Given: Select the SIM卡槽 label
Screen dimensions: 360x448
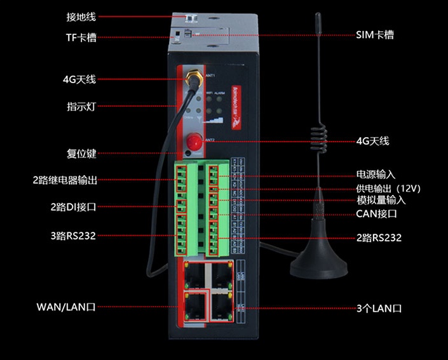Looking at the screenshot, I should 375,35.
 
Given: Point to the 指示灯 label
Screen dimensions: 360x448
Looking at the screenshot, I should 81,105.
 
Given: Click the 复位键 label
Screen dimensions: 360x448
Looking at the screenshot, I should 81,153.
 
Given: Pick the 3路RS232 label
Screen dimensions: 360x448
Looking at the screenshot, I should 73,235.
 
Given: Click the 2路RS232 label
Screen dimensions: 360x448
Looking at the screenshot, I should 379,237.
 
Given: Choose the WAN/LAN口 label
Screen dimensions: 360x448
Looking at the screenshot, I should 66,308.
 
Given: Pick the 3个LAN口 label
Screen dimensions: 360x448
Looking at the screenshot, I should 379,309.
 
